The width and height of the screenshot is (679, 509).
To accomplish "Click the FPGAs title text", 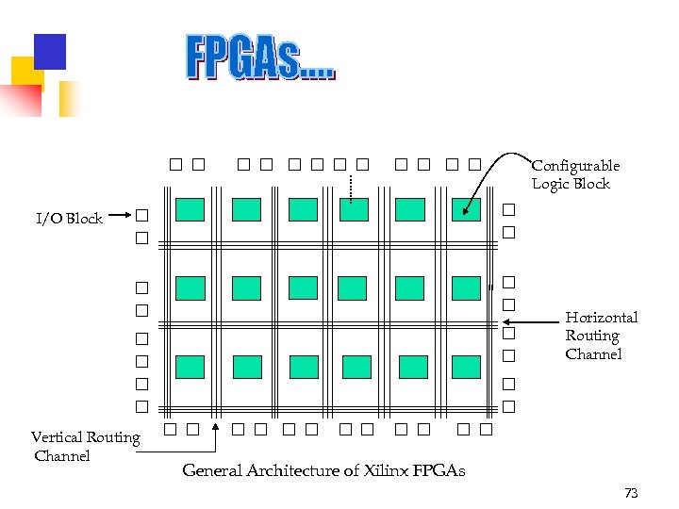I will tap(259, 57).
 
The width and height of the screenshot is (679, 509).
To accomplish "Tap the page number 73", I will tap(631, 493).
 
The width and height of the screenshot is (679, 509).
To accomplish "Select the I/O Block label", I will tap(69, 219).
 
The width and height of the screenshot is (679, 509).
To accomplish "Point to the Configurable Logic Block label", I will tap(575, 174).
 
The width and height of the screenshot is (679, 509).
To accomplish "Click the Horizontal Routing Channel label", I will tap(601, 336).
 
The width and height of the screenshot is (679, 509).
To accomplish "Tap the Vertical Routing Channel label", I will tap(85, 446).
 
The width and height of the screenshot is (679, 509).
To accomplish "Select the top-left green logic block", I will tap(190, 209).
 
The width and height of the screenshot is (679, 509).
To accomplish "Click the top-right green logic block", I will tap(466, 209).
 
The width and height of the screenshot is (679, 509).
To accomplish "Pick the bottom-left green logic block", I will tap(190, 366).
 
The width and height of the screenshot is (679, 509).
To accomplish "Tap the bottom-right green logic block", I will tap(466, 366).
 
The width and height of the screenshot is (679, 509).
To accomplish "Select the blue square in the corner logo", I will tap(49, 52).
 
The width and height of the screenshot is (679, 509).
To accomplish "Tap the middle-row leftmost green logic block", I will tap(190, 287).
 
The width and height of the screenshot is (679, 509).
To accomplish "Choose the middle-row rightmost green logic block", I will tap(466, 287).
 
